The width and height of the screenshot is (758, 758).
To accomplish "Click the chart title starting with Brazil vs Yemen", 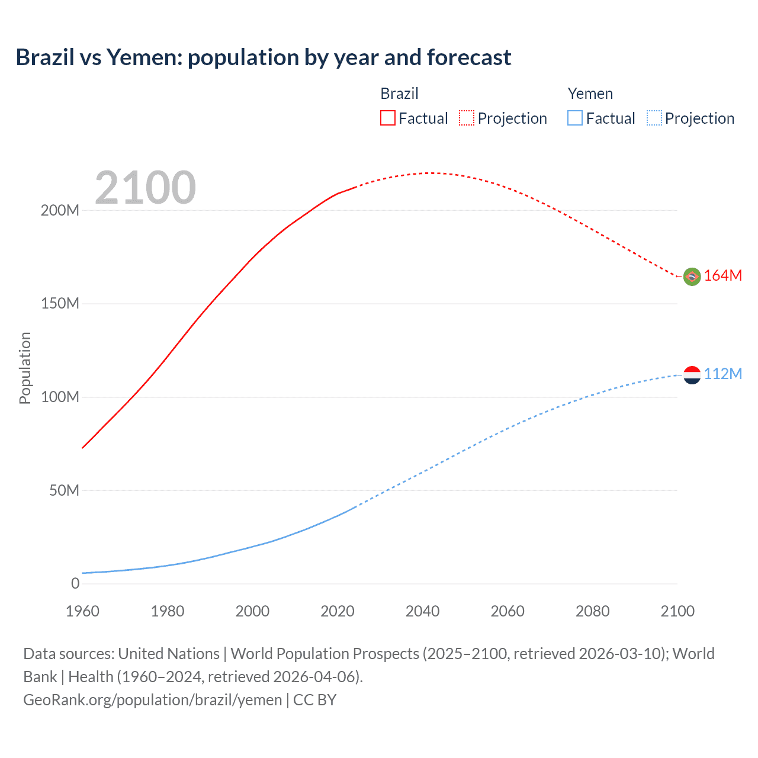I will click(x=263, y=57).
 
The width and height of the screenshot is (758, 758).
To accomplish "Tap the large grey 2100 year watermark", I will click(x=145, y=188).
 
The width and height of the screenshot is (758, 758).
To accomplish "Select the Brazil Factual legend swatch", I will click(x=387, y=118).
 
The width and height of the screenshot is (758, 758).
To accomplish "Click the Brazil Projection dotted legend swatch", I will click(x=467, y=118).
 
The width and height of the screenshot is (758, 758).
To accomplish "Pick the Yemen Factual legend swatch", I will click(x=574, y=118).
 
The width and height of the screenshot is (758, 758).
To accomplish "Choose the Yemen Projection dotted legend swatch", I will click(x=654, y=118).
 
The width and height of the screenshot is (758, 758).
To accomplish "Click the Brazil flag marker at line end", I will click(x=692, y=276).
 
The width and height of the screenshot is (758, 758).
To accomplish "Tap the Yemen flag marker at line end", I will click(x=692, y=374).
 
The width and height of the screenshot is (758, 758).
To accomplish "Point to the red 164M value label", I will click(x=722, y=276).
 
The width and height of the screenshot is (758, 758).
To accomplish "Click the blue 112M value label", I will click(x=722, y=374).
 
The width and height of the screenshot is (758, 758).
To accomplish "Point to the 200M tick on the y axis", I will click(x=60, y=211).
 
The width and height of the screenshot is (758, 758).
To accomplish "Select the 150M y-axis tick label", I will click(x=60, y=304).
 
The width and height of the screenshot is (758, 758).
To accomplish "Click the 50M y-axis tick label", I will click(x=64, y=491).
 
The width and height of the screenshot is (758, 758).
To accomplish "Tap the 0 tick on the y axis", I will click(x=75, y=584).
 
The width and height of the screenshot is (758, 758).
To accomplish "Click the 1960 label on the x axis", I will click(x=83, y=611).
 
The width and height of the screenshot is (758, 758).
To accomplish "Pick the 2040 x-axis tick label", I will click(x=422, y=611).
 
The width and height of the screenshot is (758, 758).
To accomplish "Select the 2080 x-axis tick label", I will click(x=592, y=611).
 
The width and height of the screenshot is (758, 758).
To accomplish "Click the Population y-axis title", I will click(x=25, y=368).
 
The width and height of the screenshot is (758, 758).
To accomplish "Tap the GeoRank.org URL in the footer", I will click(x=153, y=700).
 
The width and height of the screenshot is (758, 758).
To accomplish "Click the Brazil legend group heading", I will click(x=399, y=94).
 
